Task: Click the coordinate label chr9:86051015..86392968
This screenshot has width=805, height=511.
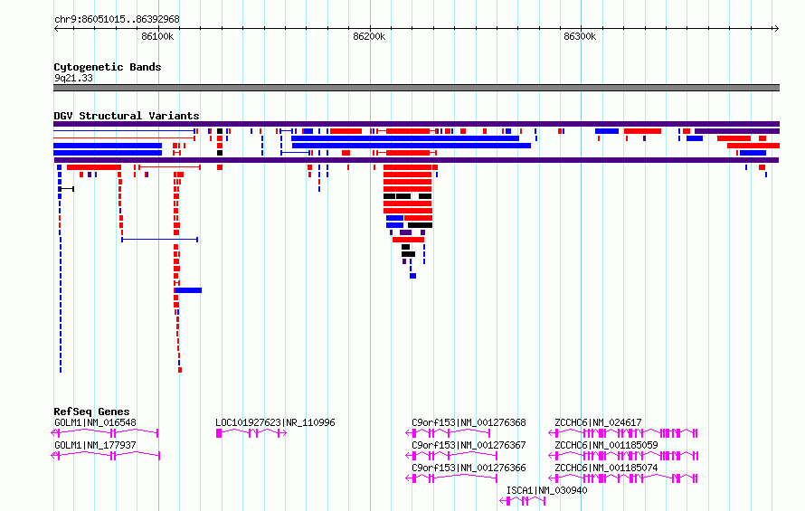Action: click(x=117, y=19)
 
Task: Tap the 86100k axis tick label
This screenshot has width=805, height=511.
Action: click(x=157, y=36)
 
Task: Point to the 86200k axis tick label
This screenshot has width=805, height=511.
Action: click(x=369, y=36)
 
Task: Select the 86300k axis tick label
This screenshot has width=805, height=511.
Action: click(x=580, y=36)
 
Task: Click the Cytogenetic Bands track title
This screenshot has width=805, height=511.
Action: click(x=108, y=67)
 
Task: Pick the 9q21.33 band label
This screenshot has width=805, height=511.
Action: click(x=73, y=78)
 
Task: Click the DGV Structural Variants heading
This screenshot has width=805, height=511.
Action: click(x=127, y=116)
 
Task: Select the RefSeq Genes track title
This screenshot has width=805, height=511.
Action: click(x=91, y=412)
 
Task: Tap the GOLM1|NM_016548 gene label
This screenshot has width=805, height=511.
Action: click(x=96, y=422)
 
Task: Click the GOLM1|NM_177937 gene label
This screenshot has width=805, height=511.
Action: click(x=96, y=445)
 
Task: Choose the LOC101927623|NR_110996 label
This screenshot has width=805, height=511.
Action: click(x=275, y=422)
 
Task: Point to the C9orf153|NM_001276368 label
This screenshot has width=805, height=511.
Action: click(x=469, y=422)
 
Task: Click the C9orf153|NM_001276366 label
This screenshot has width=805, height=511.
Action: click(x=469, y=468)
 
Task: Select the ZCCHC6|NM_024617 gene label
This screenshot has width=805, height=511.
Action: click(x=598, y=422)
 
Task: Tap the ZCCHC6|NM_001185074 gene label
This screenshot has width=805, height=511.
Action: click(x=606, y=468)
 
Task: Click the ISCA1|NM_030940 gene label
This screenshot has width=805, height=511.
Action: click(x=546, y=490)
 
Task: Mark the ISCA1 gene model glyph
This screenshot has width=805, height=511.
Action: click(x=523, y=501)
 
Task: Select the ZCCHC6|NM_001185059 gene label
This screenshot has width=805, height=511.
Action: click(x=606, y=445)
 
